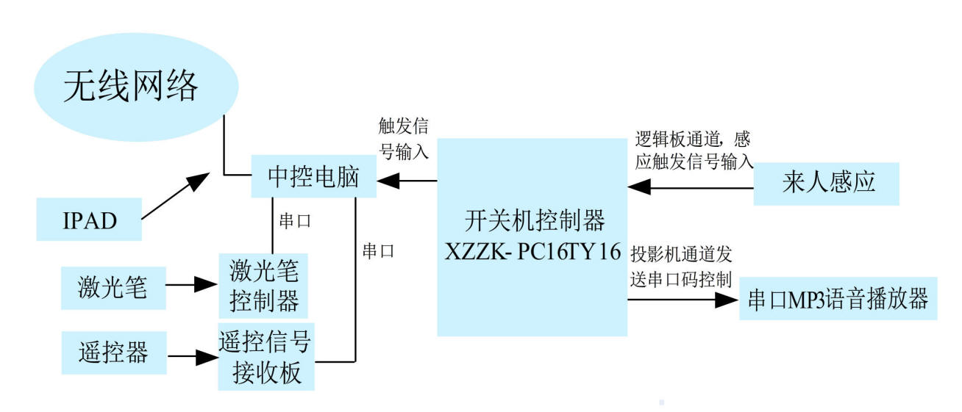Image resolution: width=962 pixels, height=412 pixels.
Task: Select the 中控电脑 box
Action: [313, 177]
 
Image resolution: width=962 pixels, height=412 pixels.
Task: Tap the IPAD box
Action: [89, 220]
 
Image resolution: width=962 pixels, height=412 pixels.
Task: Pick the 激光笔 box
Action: [113, 286]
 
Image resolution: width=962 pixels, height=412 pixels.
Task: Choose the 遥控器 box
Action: [113, 353]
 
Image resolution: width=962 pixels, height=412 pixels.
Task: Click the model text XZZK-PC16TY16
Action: [532, 251]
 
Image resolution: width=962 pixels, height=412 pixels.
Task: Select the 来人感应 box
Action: [828, 183]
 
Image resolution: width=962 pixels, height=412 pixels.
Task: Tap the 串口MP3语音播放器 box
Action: [838, 299]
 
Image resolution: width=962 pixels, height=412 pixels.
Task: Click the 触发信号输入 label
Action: [403, 140]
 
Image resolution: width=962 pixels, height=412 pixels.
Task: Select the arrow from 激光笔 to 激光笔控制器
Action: [193, 285]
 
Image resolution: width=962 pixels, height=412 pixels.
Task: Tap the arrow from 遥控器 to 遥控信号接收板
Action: [193, 358]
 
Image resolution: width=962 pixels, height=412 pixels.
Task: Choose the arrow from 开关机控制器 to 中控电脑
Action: [407, 180]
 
